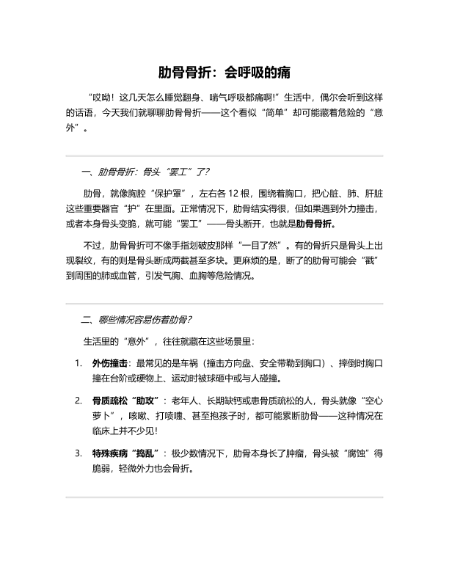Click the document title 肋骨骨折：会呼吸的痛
tap(224, 73)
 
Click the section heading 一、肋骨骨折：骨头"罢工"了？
tap(146, 173)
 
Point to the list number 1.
tap(78, 363)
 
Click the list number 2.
tap(78, 401)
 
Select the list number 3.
tap(78, 453)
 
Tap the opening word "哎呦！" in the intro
tap(101, 96)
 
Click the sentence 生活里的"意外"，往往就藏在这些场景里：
tap(169, 342)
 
